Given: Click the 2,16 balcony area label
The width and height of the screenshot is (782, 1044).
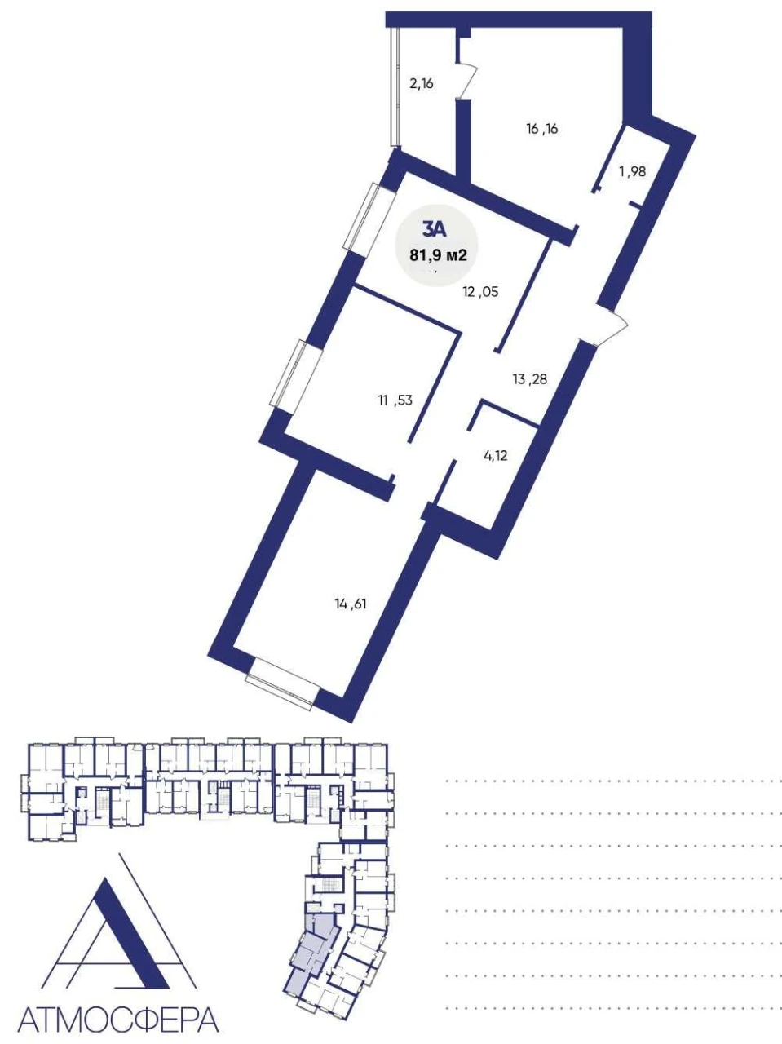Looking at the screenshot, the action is coord(422,84).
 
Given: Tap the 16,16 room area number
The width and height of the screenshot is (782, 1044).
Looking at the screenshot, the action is coord(542,129).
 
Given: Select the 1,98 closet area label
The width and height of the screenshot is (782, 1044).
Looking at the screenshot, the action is coord(632,172).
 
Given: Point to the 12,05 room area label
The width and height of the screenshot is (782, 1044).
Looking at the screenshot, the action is coord(481,291).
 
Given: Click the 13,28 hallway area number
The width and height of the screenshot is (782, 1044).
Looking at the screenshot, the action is coord(529,379).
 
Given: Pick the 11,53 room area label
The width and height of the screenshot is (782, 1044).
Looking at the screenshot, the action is coord(395,400).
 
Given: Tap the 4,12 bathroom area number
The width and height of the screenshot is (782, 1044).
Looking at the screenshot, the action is coord(495,456).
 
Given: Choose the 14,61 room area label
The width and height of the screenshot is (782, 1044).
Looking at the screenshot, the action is coord(351,604).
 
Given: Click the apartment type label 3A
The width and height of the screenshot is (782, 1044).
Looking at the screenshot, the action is coord(434,230).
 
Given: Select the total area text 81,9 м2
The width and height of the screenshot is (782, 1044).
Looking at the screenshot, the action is coord(439,256).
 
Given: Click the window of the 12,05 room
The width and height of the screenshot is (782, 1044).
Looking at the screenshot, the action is coord(368,217).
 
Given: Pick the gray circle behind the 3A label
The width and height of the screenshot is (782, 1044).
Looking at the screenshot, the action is coord(437,246).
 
